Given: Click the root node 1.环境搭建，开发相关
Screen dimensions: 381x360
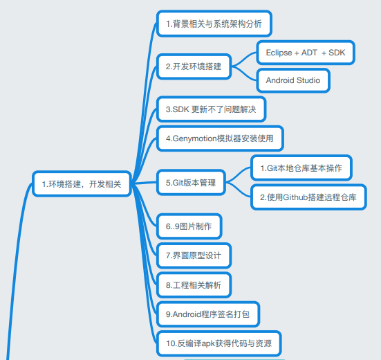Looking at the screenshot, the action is (x=82, y=184).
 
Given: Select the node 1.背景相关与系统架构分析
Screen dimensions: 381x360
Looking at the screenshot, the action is (x=214, y=24).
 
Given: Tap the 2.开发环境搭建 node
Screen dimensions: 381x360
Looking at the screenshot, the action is (x=194, y=66).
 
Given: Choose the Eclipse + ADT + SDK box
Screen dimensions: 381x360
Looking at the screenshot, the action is (x=306, y=53).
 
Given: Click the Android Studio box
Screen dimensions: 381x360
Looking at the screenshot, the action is (x=293, y=80).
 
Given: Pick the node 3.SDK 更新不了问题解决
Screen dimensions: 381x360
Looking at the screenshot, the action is (x=211, y=109).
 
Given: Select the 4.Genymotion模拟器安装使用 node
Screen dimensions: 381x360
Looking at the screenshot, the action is (x=220, y=138).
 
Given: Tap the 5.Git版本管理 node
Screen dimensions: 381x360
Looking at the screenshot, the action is (x=191, y=183).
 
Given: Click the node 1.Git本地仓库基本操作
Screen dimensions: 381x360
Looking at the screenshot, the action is (x=301, y=168).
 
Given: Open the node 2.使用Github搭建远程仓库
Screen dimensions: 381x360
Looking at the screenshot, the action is (x=308, y=197).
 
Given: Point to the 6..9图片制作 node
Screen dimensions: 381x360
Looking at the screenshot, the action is (x=189, y=226).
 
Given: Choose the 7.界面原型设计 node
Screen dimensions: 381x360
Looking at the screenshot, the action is (x=194, y=255).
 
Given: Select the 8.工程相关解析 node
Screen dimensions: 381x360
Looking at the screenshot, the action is (x=194, y=285).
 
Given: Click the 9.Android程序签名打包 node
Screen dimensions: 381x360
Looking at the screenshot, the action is (x=208, y=314).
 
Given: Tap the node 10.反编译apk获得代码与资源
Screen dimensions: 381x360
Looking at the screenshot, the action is (x=219, y=343).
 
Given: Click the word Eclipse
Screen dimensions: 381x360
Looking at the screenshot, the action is (x=279, y=53).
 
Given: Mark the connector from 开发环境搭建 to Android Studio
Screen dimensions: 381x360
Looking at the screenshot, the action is (x=244, y=73).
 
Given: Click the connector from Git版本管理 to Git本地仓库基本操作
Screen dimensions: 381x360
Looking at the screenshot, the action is (x=238, y=174).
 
